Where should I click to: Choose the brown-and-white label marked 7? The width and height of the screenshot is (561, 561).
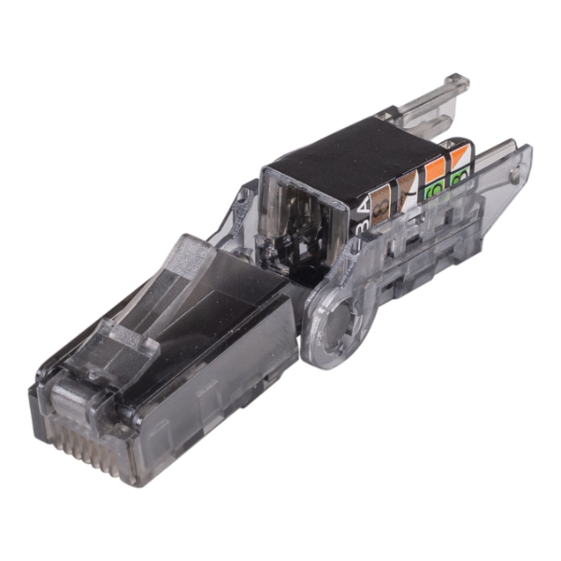(x=408, y=181)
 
